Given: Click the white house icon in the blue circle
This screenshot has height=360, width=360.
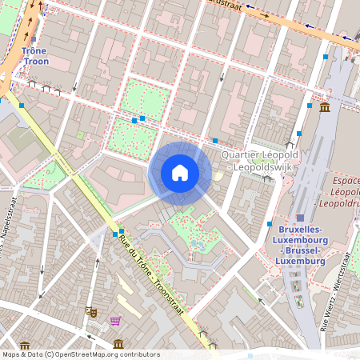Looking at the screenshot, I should [180, 172].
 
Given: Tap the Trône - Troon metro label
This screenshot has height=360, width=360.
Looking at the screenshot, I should [35, 55].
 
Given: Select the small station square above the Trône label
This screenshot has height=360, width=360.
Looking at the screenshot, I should [34, 38].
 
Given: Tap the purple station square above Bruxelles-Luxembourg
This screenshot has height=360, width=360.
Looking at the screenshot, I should [300, 218].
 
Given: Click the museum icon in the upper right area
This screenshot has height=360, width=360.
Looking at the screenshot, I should [325, 107].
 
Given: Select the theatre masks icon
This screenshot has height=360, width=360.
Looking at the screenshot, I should [92, 310].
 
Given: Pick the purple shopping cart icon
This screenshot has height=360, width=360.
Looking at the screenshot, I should [115, 322].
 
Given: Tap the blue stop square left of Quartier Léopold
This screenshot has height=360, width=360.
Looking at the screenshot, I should [215, 141].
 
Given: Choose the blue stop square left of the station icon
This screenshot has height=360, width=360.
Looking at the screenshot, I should [270, 224].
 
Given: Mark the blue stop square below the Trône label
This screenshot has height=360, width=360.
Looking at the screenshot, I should [21, 106].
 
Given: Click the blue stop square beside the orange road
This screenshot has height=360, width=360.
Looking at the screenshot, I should [325, 57].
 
